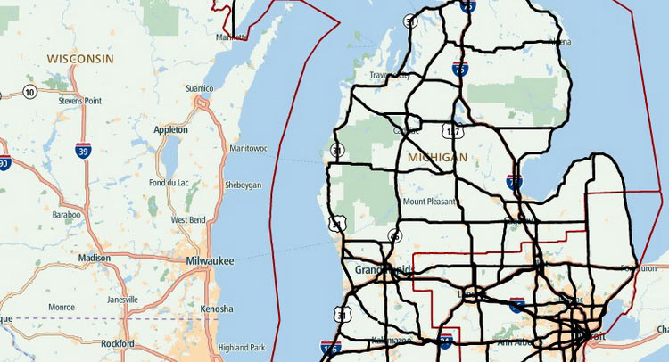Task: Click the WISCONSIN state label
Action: click(80, 59)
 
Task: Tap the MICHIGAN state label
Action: click(436, 158)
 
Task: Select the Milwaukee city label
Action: click(210, 260)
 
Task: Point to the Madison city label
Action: click(95, 258)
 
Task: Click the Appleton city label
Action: click(171, 130)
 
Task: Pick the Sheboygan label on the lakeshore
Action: click(244, 185)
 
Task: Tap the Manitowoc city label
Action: click(248, 148)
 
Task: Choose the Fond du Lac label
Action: click(169, 183)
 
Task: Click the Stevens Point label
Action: click(81, 102)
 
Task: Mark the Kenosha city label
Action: click(217, 309)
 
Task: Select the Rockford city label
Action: click(118, 343)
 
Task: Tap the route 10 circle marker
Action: click(29, 92)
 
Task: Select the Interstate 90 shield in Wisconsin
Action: click(4, 164)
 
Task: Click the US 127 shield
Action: click(453, 133)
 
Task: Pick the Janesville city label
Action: click(122, 300)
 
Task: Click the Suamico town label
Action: click(198, 88)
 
